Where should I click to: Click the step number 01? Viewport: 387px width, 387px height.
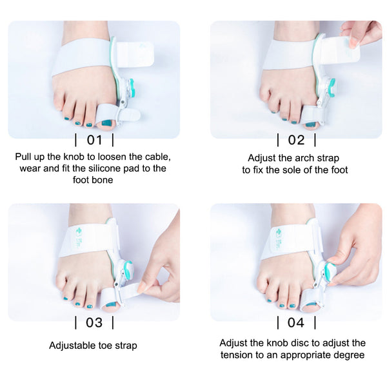(x=94, y=140)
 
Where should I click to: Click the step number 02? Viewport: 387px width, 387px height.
(x=296, y=140)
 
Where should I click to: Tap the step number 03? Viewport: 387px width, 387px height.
(x=94, y=322)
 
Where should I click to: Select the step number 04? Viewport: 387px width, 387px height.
(x=296, y=322)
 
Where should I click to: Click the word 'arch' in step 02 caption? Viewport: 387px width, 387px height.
(x=307, y=158)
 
